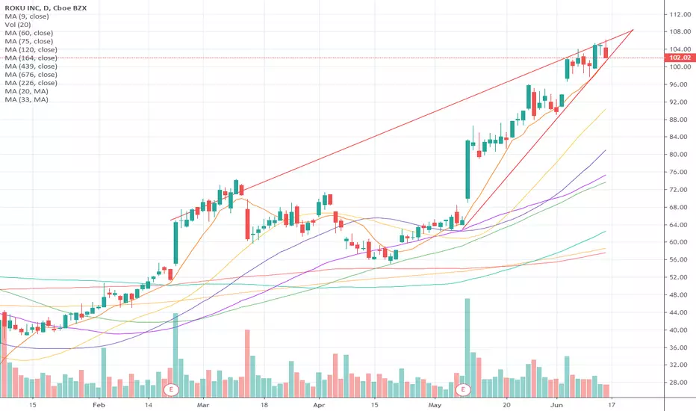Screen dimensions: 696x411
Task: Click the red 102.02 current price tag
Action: coord(680,58)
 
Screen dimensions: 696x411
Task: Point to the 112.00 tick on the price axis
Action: coord(680,15)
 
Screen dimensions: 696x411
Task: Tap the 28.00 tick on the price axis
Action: coord(680,383)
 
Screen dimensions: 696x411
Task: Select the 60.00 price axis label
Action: coord(680,242)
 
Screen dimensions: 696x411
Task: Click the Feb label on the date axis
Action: coord(99,405)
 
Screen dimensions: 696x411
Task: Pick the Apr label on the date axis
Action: coord(319,405)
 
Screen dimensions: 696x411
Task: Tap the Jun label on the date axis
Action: coord(556,405)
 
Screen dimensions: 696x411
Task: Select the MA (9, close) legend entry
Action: coord(27,16)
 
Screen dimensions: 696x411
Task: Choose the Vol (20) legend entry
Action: coord(18,25)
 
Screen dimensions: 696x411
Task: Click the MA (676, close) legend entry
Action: coord(31,75)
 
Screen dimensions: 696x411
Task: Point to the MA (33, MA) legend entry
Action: coord(27,99)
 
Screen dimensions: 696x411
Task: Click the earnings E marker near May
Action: coord(463,390)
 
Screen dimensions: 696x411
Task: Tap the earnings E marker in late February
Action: coord(171,390)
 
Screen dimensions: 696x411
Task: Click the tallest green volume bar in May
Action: coord(467,347)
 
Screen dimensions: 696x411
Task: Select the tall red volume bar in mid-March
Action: coord(247,363)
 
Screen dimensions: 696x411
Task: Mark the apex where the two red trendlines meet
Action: coord(633,30)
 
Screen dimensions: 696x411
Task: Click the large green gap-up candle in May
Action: coord(467,170)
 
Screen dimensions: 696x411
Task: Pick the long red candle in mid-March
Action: coord(248,224)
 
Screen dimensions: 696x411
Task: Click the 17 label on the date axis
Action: coord(611,405)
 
